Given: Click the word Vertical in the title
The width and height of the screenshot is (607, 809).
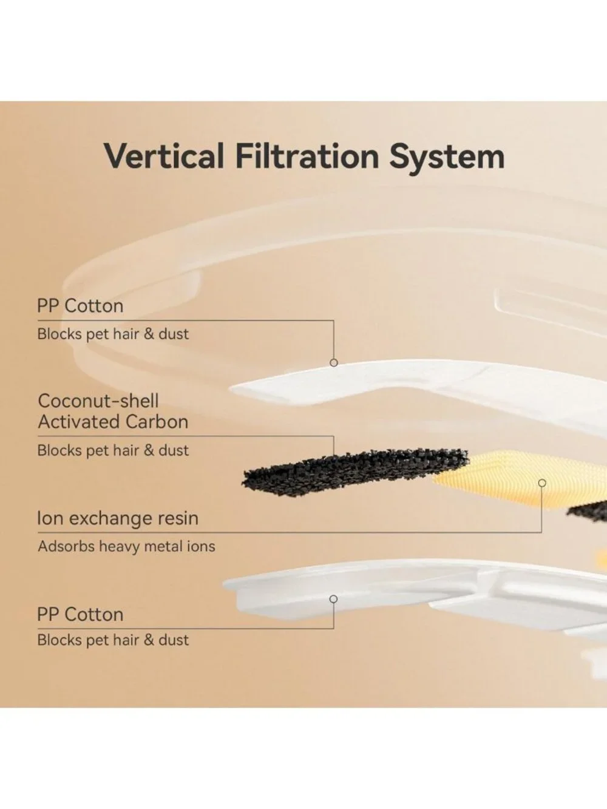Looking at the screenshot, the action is click(x=164, y=156).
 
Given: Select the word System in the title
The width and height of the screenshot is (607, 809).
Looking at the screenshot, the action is click(x=447, y=158).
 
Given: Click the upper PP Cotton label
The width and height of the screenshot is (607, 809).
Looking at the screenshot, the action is click(x=80, y=306).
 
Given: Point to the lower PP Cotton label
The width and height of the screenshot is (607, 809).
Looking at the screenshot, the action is click(x=80, y=614).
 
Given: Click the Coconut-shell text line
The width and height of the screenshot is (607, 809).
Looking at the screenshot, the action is click(x=98, y=401).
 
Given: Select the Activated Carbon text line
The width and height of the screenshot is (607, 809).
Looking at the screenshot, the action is click(x=113, y=422).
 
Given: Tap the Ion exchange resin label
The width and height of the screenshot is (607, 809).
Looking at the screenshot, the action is click(x=118, y=518).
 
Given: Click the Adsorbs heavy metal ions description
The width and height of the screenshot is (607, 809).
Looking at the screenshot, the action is click(x=126, y=547).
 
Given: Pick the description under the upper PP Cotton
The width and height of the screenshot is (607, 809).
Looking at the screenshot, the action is click(x=113, y=334).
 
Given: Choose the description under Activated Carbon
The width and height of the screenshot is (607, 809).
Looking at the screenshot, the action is click(x=113, y=450).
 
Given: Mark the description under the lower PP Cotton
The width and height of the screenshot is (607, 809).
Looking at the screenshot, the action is click(x=113, y=640).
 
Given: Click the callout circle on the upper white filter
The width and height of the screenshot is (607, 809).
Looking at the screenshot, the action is click(x=333, y=363).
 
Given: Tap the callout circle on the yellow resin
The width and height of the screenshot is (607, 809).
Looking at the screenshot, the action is click(x=542, y=483).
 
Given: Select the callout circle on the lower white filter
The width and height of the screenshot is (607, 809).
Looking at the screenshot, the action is click(x=333, y=599).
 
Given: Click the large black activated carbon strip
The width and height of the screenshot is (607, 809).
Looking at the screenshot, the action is click(x=354, y=473).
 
